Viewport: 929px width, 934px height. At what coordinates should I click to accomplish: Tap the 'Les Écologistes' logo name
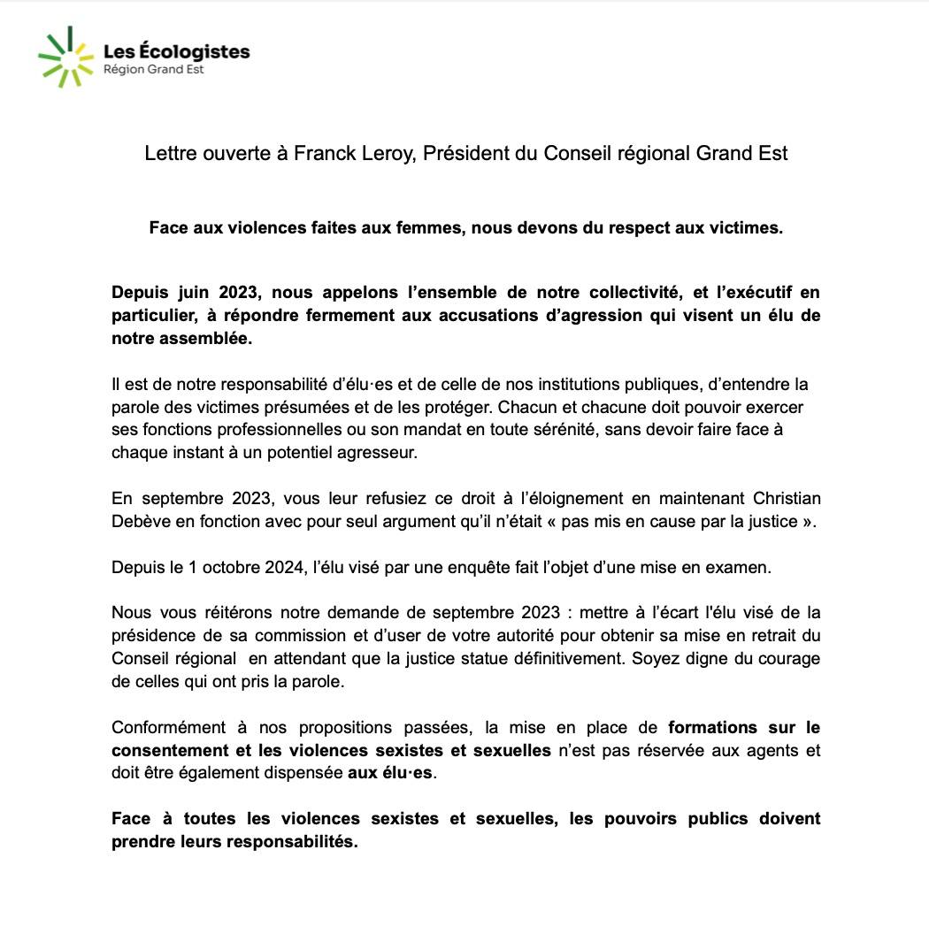tap(176, 51)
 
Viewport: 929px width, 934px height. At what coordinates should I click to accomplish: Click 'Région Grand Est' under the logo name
tap(154, 69)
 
